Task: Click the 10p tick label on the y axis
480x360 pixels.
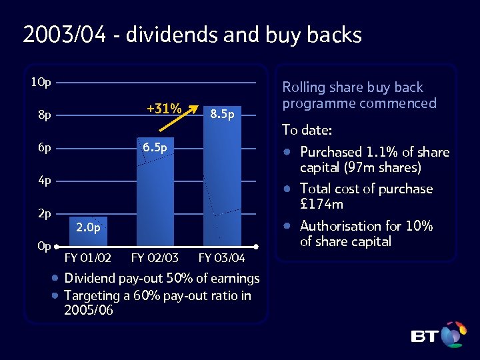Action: (x=41, y=83)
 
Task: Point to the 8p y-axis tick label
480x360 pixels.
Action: (x=44, y=115)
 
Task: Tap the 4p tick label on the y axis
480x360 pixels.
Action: (x=44, y=180)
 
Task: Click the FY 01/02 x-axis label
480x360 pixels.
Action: (x=88, y=257)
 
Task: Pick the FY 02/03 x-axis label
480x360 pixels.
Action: (x=155, y=257)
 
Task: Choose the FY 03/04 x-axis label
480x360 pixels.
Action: (x=221, y=257)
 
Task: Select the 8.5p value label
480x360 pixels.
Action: (x=222, y=115)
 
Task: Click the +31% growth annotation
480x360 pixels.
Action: (x=164, y=109)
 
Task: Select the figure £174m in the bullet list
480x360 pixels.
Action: (x=321, y=204)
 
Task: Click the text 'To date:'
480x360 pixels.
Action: (x=307, y=129)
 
